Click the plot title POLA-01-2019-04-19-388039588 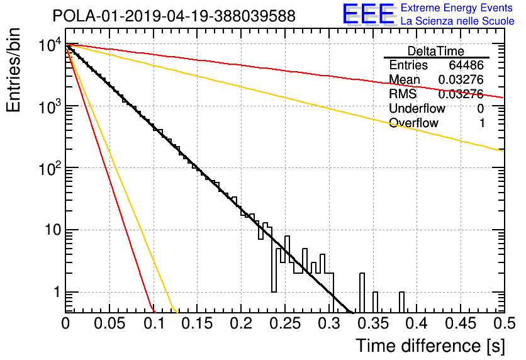(x=174, y=16)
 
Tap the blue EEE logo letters (x=368, y=14)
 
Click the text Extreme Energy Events (x=457, y=8)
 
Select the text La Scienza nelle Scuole (x=457, y=21)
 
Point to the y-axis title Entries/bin (x=13, y=70)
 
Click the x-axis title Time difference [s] (x=430, y=346)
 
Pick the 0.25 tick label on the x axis (x=286, y=323)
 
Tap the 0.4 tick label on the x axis (x=416, y=323)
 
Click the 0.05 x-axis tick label (x=109, y=323)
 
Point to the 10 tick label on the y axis (x=53, y=230)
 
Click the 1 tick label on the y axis (x=57, y=292)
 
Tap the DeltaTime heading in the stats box (x=436, y=51)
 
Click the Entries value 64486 (x=466, y=65)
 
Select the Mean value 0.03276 (x=461, y=79)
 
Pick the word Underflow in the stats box (x=417, y=108)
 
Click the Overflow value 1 (x=482, y=123)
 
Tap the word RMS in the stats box (x=403, y=94)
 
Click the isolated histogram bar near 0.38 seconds (x=401, y=302)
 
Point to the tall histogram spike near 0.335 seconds (x=362, y=293)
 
